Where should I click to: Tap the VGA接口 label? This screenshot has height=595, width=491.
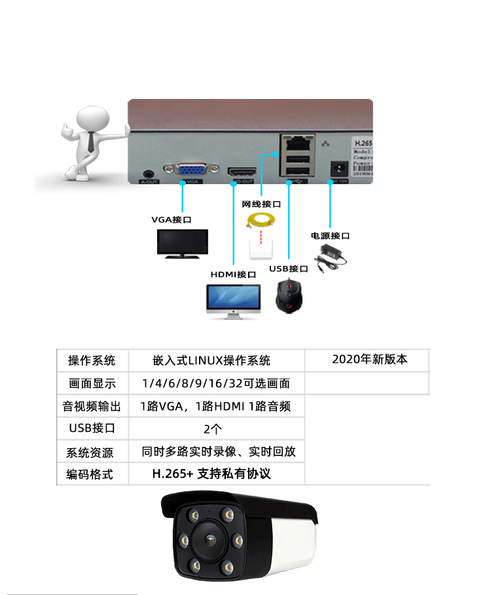coord(172,220)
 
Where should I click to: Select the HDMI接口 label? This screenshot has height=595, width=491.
coord(233,274)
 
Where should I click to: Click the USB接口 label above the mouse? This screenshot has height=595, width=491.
coord(289,269)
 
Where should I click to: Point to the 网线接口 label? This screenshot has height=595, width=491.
coord(261,204)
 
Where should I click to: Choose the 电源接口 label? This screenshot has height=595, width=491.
coord(331,236)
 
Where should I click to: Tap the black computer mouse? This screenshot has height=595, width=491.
coord(289,296)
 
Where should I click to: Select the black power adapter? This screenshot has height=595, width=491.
coord(331,257)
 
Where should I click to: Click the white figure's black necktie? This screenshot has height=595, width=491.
coord(89,141)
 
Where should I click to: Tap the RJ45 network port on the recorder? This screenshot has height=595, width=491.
coord(297,142)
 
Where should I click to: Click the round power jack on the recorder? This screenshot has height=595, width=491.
coord(338,168)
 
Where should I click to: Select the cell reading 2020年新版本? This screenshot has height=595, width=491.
coord(369,359)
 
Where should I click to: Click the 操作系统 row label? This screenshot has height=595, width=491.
coord(92,360)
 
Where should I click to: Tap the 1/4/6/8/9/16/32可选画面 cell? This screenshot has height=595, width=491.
coord(215,383)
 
